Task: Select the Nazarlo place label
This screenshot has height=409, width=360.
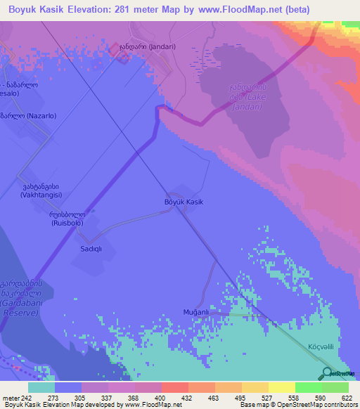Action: [x=27, y=116]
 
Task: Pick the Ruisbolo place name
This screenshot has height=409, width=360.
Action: [x=67, y=219]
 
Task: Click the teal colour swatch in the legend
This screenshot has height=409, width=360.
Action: [x=41, y=387]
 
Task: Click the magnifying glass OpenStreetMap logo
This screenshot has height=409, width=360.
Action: [x=326, y=374]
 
